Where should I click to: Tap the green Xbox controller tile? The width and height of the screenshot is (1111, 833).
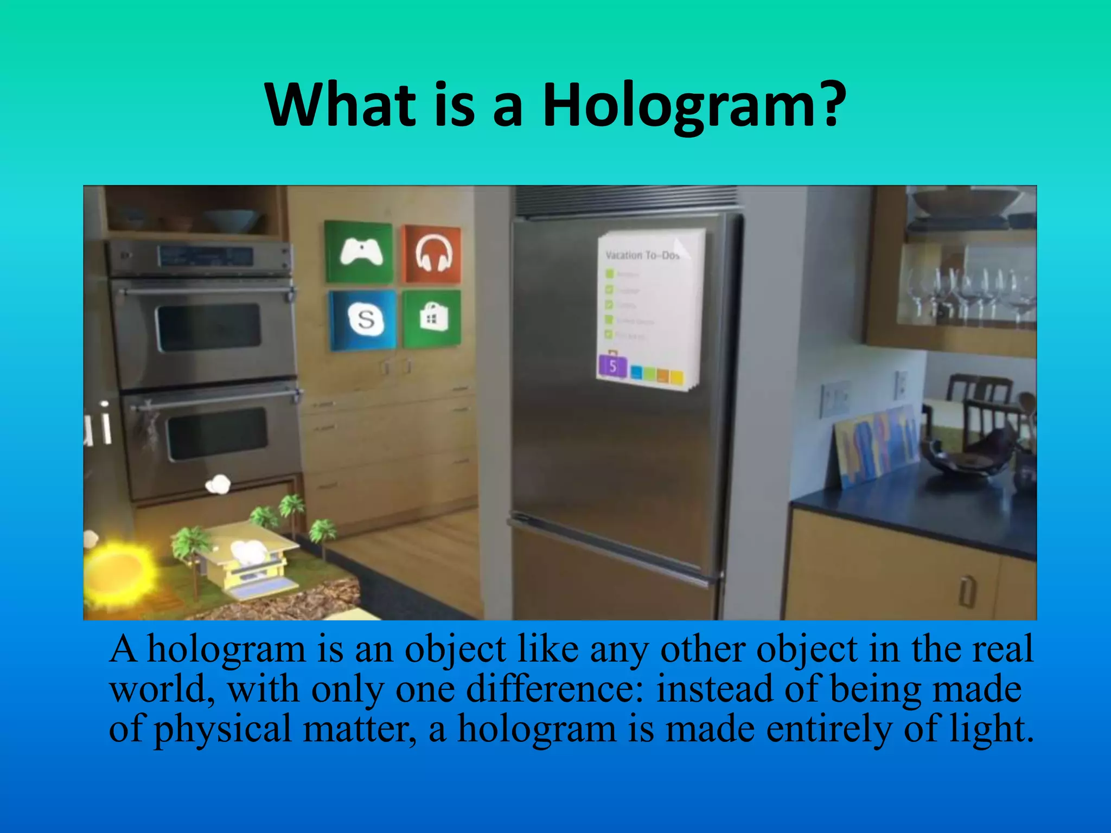359,252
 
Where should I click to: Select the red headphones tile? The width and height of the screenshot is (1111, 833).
432,254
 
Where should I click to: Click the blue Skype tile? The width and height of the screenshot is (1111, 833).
363,319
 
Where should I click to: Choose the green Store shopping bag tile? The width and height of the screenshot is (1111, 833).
432,318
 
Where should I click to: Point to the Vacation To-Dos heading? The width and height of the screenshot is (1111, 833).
642,255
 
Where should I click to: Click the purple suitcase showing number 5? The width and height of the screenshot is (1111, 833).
612,366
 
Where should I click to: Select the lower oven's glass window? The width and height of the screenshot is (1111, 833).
217,433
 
